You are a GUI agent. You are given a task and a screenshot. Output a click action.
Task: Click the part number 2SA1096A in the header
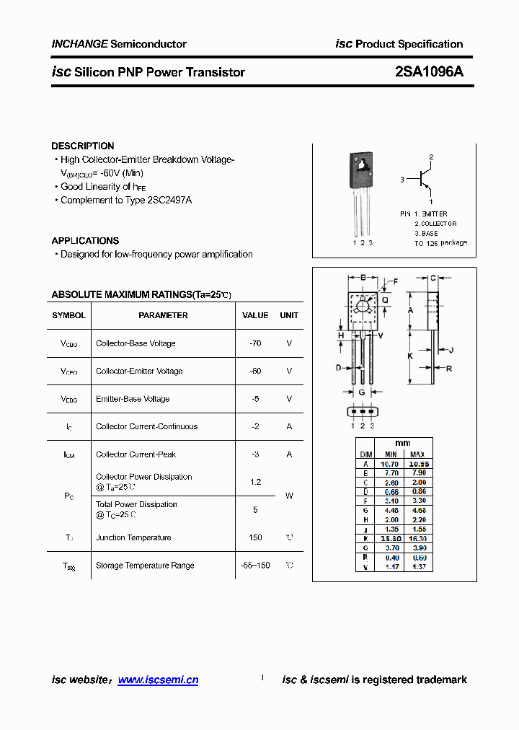click(x=430, y=72)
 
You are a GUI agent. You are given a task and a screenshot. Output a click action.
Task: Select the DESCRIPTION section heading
click(x=83, y=146)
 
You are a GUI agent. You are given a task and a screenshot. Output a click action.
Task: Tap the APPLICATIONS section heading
click(x=85, y=241)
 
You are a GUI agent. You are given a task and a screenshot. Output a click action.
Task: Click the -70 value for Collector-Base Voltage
click(x=255, y=343)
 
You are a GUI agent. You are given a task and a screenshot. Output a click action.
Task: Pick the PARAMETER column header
click(x=163, y=315)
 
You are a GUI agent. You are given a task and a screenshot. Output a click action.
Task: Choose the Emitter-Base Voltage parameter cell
click(x=133, y=399)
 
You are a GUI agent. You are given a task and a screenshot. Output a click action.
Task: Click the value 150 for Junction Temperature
click(x=255, y=537)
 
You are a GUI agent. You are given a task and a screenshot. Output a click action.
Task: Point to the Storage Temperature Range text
click(x=145, y=566)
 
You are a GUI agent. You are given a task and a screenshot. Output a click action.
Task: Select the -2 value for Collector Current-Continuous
click(x=255, y=426)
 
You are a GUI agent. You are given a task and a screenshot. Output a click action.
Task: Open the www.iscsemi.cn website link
click(x=158, y=680)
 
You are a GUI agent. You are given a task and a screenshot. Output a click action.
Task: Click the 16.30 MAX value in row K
click(x=417, y=538)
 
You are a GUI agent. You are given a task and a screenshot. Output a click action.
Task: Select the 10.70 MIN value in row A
click(x=390, y=464)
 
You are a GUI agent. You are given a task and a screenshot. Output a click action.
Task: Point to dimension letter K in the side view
click(x=410, y=356)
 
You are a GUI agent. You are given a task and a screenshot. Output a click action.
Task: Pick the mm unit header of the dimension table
click(x=403, y=443)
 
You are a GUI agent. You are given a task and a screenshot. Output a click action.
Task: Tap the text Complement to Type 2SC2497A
click(x=126, y=201)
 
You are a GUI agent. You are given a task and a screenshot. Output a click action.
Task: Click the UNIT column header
click(x=289, y=315)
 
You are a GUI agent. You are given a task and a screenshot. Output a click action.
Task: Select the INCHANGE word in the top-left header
click(x=79, y=44)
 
